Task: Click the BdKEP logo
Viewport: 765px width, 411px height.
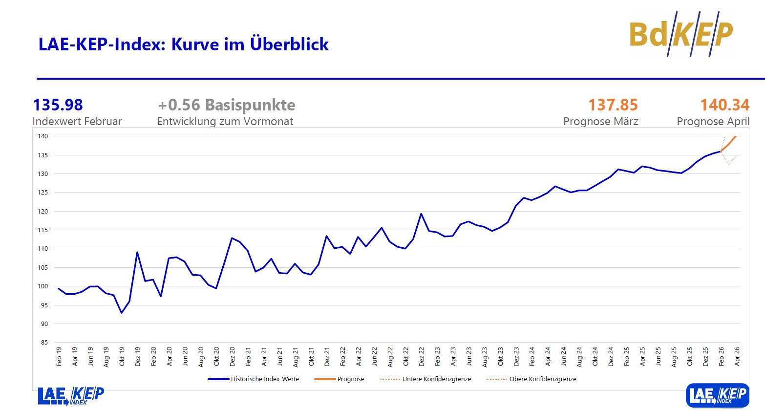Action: click(681, 34)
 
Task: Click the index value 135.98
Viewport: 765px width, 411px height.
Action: click(58, 105)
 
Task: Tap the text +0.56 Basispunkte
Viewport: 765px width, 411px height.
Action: click(227, 105)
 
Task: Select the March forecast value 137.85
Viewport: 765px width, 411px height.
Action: click(613, 105)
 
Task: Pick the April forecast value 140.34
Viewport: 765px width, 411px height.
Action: click(724, 105)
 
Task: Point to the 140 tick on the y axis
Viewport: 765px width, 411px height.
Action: click(43, 136)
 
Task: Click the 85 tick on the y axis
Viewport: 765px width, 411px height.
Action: click(44, 343)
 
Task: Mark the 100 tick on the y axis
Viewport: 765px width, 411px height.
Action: click(43, 286)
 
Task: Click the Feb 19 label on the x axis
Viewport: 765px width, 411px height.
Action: click(59, 356)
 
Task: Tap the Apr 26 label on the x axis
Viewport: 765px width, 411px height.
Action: click(737, 356)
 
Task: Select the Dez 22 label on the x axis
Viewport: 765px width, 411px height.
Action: click(422, 356)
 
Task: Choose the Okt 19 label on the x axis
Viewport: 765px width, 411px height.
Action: click(122, 356)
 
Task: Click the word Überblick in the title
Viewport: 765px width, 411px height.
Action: click(289, 44)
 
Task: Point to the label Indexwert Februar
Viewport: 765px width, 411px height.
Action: click(77, 121)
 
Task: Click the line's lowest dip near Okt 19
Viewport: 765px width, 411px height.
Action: click(122, 313)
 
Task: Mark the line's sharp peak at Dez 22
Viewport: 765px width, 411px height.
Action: click(421, 214)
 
